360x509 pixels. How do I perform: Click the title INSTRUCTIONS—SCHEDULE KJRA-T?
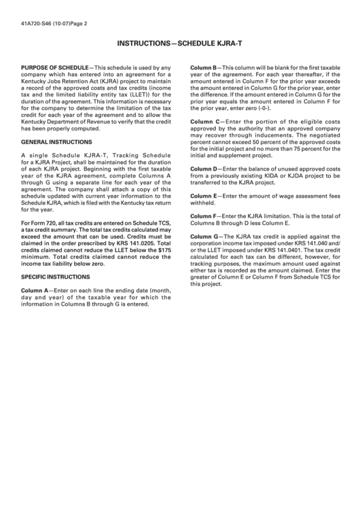click(x=180, y=43)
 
